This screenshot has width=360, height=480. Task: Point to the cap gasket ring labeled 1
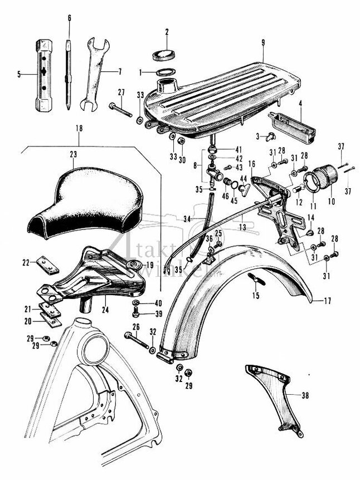[164, 72]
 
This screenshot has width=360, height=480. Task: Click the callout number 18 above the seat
[79, 129]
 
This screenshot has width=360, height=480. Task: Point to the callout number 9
[262, 42]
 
